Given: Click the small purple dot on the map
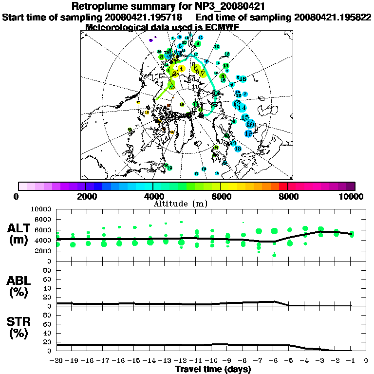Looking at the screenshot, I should (x=151, y=40).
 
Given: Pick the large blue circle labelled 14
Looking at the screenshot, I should (x=242, y=108).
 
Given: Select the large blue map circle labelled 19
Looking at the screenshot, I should (x=248, y=133).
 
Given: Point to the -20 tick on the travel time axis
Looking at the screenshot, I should (x=57, y=361).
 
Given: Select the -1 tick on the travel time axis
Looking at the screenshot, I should (x=351, y=361).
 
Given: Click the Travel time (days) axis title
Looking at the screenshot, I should (x=213, y=369).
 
